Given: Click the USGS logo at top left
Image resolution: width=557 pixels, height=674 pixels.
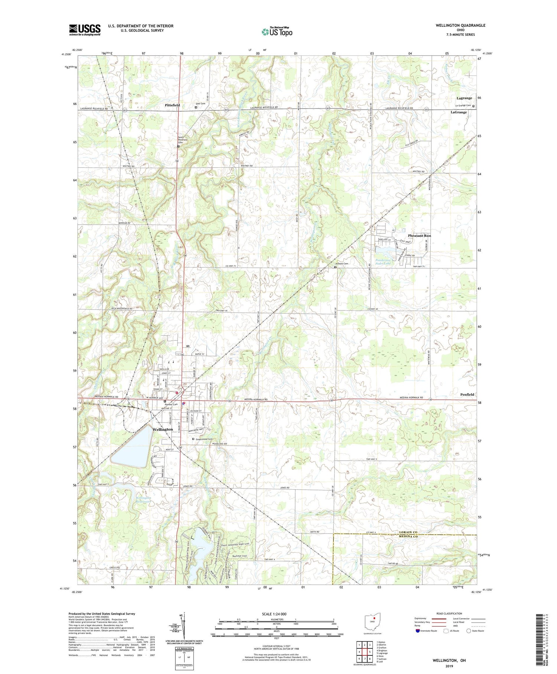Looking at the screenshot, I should pos(85,30).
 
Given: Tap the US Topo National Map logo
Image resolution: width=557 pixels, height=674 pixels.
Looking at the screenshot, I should pos(277,32).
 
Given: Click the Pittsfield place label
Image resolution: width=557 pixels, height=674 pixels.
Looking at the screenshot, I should pos(172,105).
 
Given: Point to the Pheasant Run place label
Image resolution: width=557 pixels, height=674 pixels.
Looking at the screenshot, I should pos(419,236).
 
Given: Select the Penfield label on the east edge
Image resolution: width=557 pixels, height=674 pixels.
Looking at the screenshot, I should pos(467,394).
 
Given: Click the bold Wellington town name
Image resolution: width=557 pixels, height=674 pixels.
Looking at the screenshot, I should pos(162,429).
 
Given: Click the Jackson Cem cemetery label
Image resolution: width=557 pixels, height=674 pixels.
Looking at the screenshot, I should pos(342,264).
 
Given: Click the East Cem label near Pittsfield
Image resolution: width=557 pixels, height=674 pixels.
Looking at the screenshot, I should pos(201,104).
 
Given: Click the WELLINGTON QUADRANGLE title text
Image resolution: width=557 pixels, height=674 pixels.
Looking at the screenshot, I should pos(460,25).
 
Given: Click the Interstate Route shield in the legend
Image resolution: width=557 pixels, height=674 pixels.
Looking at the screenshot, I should pos(417,631).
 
